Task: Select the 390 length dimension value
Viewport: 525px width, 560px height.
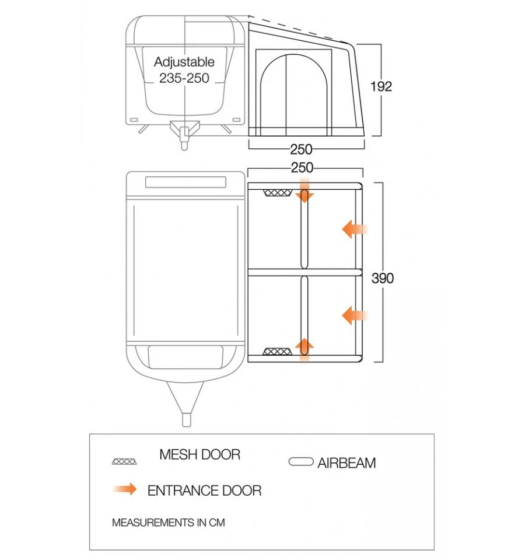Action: click(x=383, y=279)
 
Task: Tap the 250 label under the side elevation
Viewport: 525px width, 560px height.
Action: click(x=302, y=149)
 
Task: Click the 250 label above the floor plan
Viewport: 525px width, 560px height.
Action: click(x=302, y=168)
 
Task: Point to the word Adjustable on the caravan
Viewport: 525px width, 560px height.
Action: click(x=184, y=62)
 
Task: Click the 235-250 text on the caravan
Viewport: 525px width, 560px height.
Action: click(x=184, y=78)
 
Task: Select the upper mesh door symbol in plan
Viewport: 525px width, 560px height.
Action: click(x=278, y=193)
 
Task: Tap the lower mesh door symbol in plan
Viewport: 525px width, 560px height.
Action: click(x=278, y=352)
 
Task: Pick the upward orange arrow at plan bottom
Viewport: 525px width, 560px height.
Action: click(x=304, y=348)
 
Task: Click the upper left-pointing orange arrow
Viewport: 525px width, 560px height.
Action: click(x=354, y=229)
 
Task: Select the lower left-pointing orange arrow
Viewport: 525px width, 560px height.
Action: click(x=354, y=316)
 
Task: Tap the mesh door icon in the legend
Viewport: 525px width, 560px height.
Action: click(x=125, y=461)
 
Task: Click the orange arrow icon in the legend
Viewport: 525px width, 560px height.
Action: click(x=125, y=489)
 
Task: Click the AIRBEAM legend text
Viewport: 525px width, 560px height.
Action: click(x=346, y=464)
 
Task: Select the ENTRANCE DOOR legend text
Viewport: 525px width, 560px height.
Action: click(x=204, y=491)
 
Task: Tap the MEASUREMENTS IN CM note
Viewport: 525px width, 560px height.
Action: click(x=168, y=523)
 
